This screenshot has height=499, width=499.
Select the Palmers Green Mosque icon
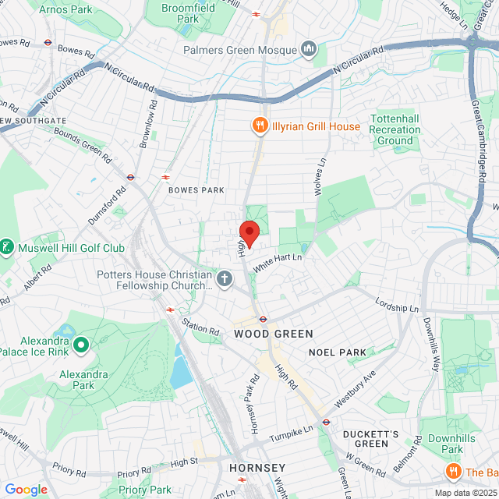click(x=309, y=50)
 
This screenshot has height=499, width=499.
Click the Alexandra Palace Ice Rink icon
click(x=81, y=343)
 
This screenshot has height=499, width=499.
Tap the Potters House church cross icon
click(x=225, y=279)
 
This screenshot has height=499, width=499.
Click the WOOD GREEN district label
click(x=274, y=334)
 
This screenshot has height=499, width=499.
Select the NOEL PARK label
click(x=337, y=352)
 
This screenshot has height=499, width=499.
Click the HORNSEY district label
click(x=257, y=468)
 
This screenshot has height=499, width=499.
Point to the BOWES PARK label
click(x=196, y=190)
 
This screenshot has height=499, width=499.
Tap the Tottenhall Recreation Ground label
click(x=395, y=129)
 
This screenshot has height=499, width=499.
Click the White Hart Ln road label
click(x=277, y=260)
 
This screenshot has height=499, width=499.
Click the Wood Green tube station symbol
click(x=264, y=318)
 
